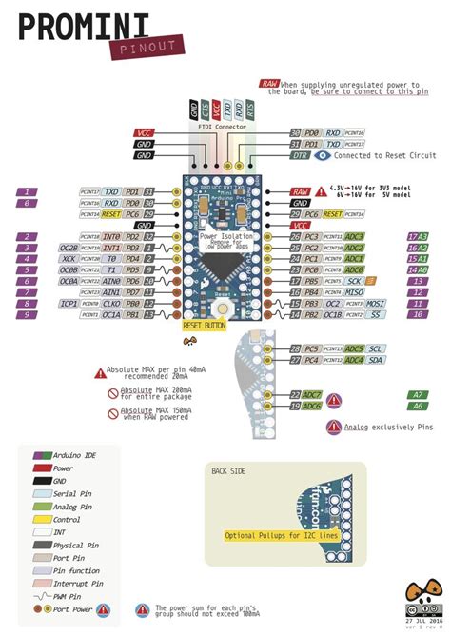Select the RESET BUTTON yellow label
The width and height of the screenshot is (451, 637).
[204, 326]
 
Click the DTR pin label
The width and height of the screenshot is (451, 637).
[300, 153]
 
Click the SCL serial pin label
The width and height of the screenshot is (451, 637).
[376, 348]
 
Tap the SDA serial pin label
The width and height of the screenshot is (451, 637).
[376, 360]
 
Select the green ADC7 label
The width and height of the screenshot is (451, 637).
[312, 394]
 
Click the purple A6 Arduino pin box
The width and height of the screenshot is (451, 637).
[418, 406]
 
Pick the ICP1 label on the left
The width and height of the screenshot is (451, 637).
[68, 304]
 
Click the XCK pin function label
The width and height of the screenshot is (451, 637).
[69, 258]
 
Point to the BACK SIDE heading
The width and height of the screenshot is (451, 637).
[227, 471]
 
